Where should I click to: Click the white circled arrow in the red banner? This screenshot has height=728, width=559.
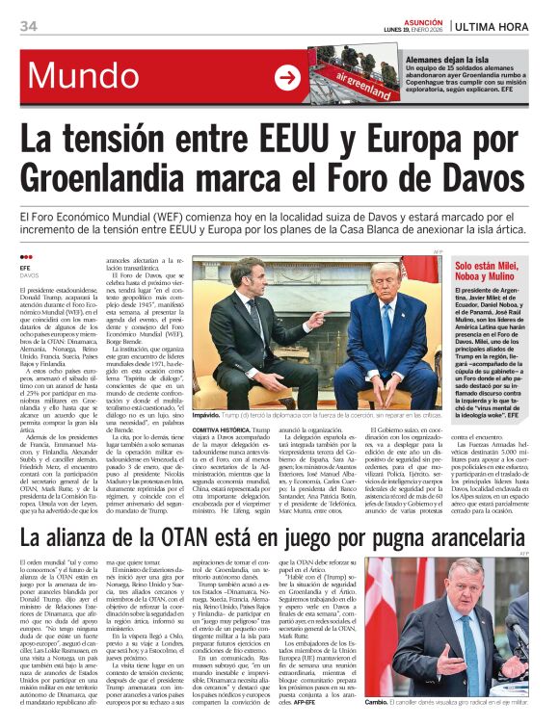(287, 78)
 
